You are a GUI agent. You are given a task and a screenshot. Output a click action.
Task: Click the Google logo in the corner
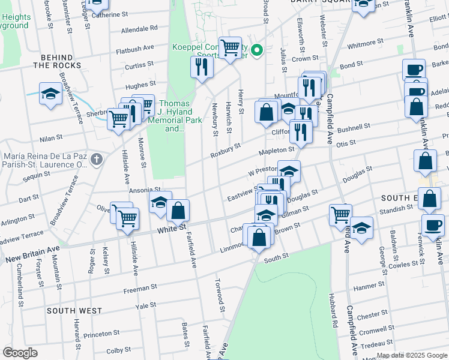tap(20, 353)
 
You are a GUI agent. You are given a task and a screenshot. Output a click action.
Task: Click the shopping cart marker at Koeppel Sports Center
tap(231, 49)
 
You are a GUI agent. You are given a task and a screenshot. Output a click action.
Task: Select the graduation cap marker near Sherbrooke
tap(50, 95)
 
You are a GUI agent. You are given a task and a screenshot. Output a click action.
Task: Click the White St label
tap(171, 229)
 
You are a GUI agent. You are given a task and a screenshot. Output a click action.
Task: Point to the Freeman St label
tap(140, 289)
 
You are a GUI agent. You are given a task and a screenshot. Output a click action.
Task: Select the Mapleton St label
tap(276, 151)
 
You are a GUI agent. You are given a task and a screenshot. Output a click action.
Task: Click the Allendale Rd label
tap(139, 28)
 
